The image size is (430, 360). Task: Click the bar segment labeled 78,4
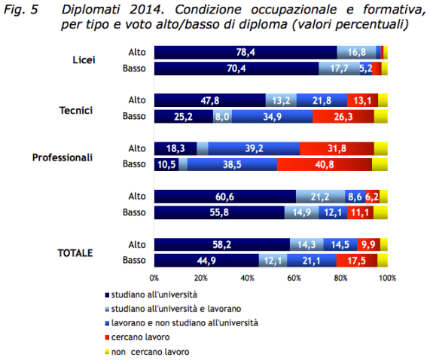(x=245, y=52)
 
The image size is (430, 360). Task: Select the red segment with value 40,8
(x=324, y=164)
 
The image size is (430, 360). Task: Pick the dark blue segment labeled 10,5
(x=166, y=164)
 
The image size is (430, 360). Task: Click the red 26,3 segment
(x=343, y=116)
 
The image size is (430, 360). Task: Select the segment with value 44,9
(x=206, y=261)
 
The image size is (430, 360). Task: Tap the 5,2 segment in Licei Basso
(x=366, y=69)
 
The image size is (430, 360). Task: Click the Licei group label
(x=81, y=59)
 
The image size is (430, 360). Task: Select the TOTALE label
(x=75, y=252)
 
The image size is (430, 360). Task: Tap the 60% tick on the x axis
(x=294, y=279)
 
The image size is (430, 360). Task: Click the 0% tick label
(x=154, y=279)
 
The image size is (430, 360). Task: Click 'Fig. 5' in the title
(x=23, y=9)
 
